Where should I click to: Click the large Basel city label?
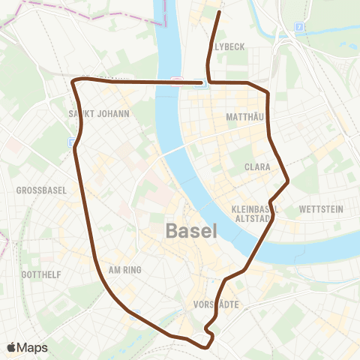click(190, 230)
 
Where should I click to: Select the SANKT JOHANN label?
click(99, 114)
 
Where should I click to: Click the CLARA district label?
click(256, 168)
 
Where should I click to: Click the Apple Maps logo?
click(27, 347)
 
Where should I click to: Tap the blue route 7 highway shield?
click(298, 26)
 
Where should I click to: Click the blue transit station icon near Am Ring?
click(135, 316)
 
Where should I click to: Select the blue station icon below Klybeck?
click(199, 84)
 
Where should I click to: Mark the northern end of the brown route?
click(218, 12)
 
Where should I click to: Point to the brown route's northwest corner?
click(73, 79)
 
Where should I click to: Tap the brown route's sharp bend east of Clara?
click(289, 180)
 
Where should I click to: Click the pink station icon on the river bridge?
click(174, 79)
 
